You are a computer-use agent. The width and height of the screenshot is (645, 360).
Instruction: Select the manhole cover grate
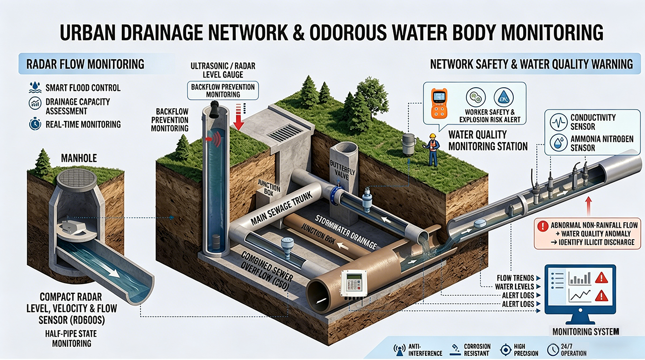point(76,179)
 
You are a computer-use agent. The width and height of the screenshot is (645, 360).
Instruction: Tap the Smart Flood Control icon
point(35,88)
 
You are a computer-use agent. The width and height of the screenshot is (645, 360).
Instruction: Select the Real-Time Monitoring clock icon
point(35,124)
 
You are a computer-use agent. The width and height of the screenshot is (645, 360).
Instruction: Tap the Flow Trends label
point(514,278)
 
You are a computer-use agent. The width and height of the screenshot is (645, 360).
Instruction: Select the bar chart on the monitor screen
point(579,279)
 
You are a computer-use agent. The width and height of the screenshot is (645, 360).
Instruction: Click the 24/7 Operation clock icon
point(552,350)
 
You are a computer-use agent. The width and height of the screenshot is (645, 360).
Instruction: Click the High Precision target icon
point(505,350)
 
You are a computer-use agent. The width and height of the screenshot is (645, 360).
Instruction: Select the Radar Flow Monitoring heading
point(85,64)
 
